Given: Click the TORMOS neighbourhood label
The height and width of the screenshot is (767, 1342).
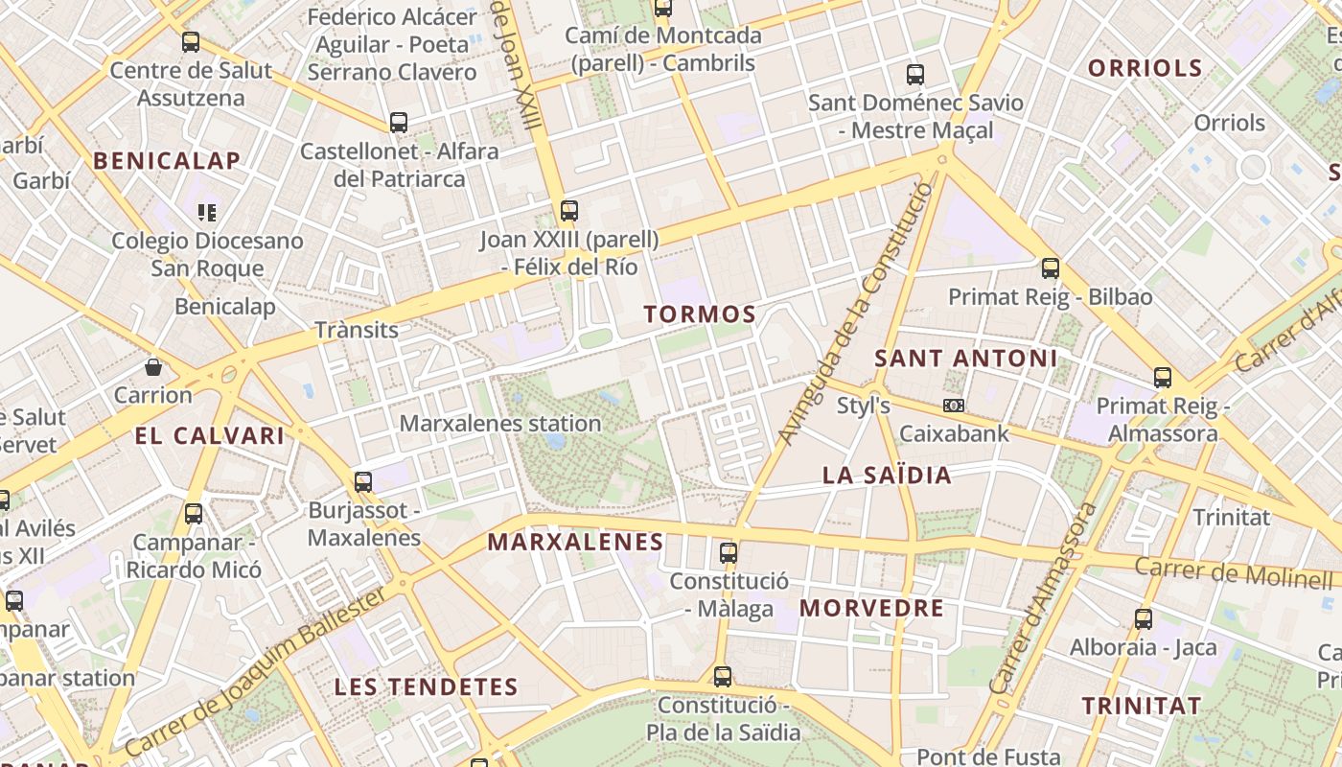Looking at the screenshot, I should (700, 314).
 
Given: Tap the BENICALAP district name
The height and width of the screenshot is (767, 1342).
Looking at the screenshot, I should (166, 160).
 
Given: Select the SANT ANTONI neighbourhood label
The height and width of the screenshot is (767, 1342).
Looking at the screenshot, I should (966, 359).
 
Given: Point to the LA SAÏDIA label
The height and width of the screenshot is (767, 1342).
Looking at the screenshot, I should (888, 475).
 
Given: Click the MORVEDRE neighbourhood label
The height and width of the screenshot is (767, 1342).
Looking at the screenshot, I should (871, 608).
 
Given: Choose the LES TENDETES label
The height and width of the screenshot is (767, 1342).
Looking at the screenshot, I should (426, 686).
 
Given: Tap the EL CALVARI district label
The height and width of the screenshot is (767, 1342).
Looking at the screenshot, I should (210, 436).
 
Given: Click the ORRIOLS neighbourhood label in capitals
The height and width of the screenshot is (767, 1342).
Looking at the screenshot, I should (1145, 67).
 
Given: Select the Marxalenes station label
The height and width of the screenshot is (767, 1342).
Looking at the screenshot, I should (500, 423).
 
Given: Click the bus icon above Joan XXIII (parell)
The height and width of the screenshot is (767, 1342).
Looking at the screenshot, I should (569, 211).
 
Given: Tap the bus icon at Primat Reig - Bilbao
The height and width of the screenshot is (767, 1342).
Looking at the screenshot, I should (1051, 268).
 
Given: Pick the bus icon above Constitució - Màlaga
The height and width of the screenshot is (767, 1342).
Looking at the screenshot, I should (729, 553).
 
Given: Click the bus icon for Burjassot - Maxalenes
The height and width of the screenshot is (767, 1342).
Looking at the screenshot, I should (363, 482).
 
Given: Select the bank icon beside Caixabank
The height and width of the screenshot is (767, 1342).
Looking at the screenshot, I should (953, 406).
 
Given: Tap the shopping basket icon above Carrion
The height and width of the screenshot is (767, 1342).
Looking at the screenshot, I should (153, 367).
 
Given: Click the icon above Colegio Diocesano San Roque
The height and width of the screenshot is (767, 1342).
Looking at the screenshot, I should (207, 212).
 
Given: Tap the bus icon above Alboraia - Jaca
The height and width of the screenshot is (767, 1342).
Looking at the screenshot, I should (1143, 619).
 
